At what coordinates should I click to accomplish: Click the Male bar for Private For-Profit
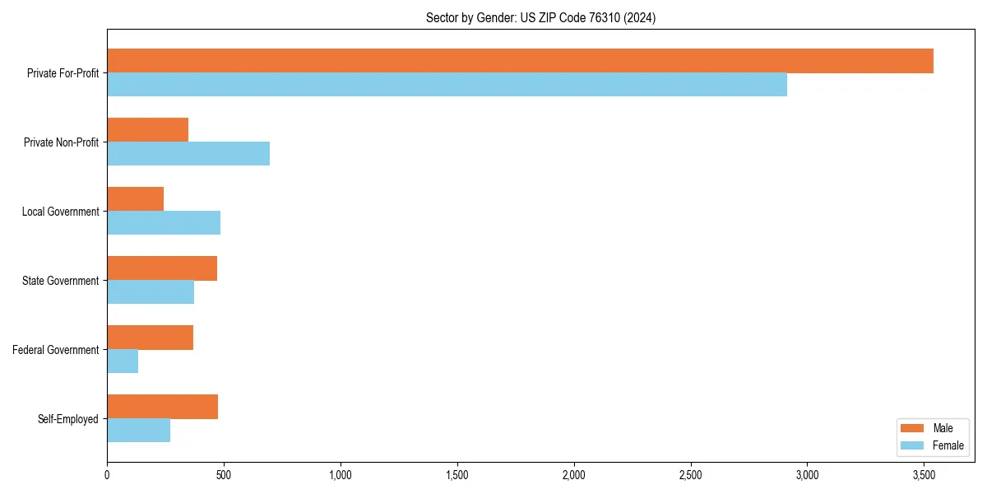pyautogui.click(x=520, y=61)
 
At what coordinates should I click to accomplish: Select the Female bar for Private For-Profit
pyautogui.click(x=447, y=85)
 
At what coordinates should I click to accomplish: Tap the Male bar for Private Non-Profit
pyautogui.click(x=148, y=130)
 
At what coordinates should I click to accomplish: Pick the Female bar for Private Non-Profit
pyautogui.click(x=188, y=154)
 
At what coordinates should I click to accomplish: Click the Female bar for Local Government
pyautogui.click(x=164, y=223)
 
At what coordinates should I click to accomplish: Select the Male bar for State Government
pyautogui.click(x=162, y=268)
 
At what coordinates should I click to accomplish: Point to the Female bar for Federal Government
pyautogui.click(x=123, y=361)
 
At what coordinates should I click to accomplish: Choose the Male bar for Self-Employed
pyautogui.click(x=162, y=407)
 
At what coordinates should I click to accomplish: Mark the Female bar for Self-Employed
pyautogui.click(x=138, y=431)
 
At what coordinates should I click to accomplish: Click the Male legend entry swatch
pyautogui.click(x=913, y=428)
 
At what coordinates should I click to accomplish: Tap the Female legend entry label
pyautogui.click(x=948, y=445)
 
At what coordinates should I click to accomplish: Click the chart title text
pyautogui.click(x=540, y=17)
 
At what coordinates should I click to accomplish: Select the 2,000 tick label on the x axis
pyautogui.click(x=574, y=474)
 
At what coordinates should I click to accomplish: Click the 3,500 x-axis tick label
pyautogui.click(x=924, y=474)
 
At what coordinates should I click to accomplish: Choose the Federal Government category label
pyautogui.click(x=56, y=350)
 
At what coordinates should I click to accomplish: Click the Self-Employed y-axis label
pyautogui.click(x=68, y=419)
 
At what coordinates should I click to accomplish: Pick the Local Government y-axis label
pyautogui.click(x=61, y=212)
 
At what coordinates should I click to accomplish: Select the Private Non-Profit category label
pyautogui.click(x=62, y=142)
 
